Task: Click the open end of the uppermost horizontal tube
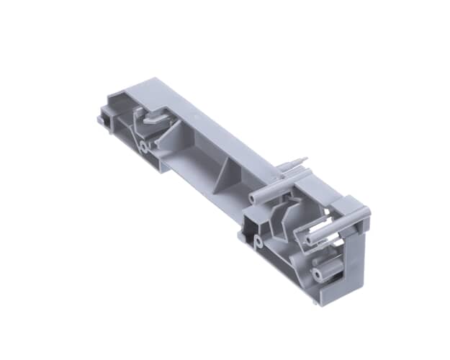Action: [x=253, y=197]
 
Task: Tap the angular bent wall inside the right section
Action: [x=284, y=216]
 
